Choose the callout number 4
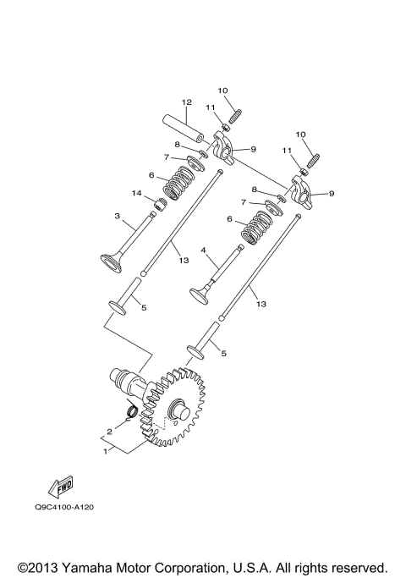pyautogui.click(x=203, y=250)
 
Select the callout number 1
pyautogui.click(x=105, y=452)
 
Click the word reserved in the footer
pyautogui.click(x=358, y=566)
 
